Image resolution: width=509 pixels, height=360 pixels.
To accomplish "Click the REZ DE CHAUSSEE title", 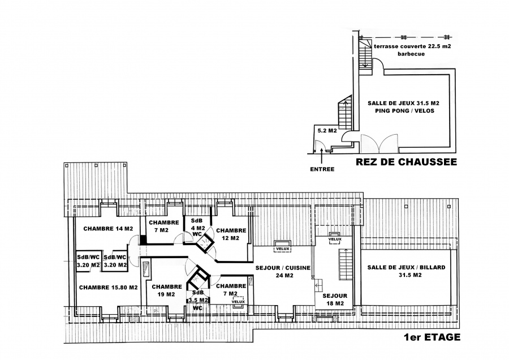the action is [x=406, y=162].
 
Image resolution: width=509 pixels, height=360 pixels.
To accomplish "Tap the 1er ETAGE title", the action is [x=432, y=337].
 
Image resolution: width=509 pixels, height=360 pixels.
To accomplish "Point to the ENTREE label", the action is [x=322, y=169].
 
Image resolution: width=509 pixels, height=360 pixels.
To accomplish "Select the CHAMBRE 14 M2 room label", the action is [x=108, y=229].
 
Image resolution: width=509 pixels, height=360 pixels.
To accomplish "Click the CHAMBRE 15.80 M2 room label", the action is [x=109, y=288].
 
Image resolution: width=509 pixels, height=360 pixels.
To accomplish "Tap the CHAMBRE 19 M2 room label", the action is [x=166, y=290].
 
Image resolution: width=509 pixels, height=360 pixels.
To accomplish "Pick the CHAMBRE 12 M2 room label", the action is [x=231, y=234].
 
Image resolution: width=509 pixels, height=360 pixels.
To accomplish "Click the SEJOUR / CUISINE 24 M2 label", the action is [x=283, y=272].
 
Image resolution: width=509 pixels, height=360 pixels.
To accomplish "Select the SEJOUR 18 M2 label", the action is [x=335, y=299].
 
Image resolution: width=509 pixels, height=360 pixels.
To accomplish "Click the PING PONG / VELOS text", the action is [x=404, y=111].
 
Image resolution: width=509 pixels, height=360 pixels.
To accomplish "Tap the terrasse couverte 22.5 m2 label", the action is [x=412, y=46].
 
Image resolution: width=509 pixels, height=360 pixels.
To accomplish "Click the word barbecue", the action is [x=411, y=54].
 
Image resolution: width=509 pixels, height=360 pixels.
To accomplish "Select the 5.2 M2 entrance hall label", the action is [x=327, y=131].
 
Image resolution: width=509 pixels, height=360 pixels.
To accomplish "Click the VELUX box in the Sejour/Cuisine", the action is [x=282, y=246].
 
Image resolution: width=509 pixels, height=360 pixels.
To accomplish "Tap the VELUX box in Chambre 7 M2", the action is [x=238, y=301].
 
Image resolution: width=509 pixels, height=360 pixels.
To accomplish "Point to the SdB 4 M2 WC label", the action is [x=198, y=227].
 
